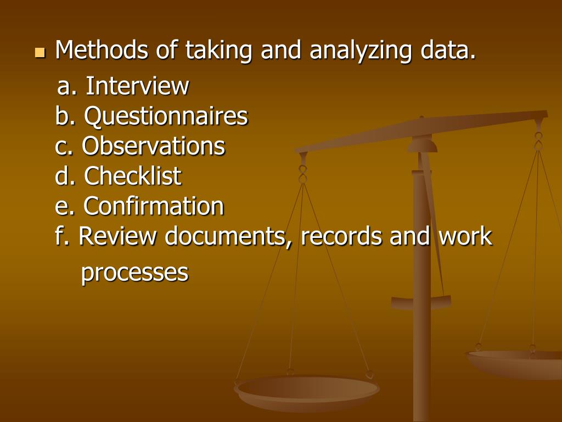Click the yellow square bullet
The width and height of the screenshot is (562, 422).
pyautogui.click(x=39, y=53)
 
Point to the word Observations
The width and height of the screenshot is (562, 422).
pyautogui.click(x=154, y=146)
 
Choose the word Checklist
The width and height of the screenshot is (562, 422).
pyautogui.click(x=133, y=176)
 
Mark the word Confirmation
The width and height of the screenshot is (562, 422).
pyautogui.click(x=154, y=207)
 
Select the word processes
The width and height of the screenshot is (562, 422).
pyautogui.click(x=134, y=273)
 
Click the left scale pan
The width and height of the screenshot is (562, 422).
pyautogui.click(x=306, y=391)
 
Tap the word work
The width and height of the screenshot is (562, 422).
pyautogui.click(x=465, y=237)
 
